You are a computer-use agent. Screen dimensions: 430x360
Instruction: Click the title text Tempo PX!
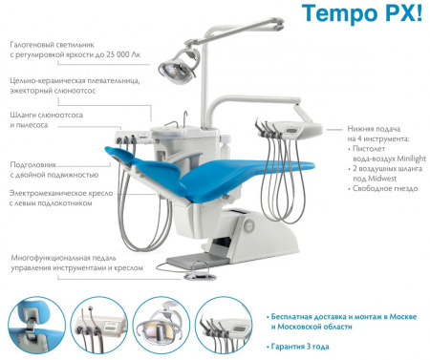pos(362,14)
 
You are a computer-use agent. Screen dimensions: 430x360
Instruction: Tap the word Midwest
pos(382,179)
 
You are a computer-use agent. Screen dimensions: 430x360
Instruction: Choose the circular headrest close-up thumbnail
pos(36,325)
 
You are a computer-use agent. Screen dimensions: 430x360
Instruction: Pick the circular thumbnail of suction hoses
pos(98,325)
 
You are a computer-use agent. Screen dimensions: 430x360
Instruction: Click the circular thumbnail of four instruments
pos(224,325)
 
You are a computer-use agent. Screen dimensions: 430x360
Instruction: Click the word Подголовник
pos(33,165)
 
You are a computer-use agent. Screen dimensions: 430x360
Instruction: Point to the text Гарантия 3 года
pos(300,347)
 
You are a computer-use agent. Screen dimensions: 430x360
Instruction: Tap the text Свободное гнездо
pos(385,188)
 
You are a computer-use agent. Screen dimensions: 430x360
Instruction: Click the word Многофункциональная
pos(64,258)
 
